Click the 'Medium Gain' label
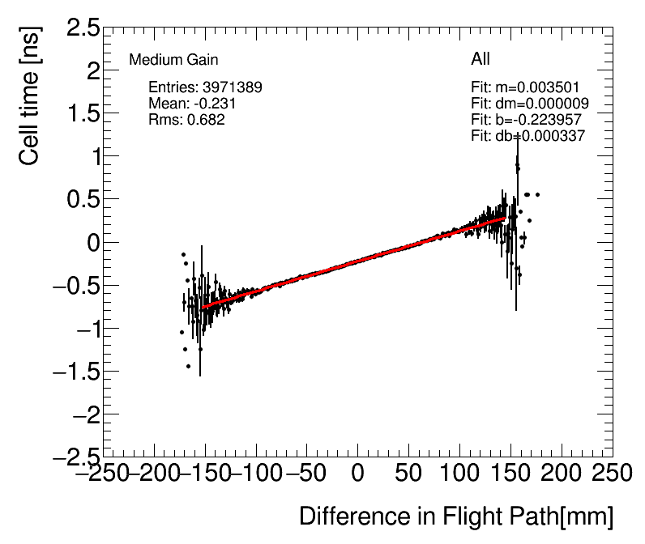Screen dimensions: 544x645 pos(173,60)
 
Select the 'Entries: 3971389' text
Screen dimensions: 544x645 pos(205,87)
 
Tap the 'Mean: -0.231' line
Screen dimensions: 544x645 pos(192,104)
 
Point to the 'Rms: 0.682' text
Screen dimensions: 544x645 pos(186,120)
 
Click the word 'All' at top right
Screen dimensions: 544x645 pos(481,59)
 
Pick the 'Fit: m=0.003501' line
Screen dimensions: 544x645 pos(524,87)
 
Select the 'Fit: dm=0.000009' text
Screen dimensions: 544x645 pos(529,104)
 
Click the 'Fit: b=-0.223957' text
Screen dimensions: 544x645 pos(526,120)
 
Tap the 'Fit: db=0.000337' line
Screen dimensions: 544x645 pos(528,136)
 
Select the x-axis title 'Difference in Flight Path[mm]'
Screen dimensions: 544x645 pos(456,516)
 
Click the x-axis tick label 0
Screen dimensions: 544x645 pos(357,472)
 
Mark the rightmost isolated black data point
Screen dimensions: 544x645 pos(537,194)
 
